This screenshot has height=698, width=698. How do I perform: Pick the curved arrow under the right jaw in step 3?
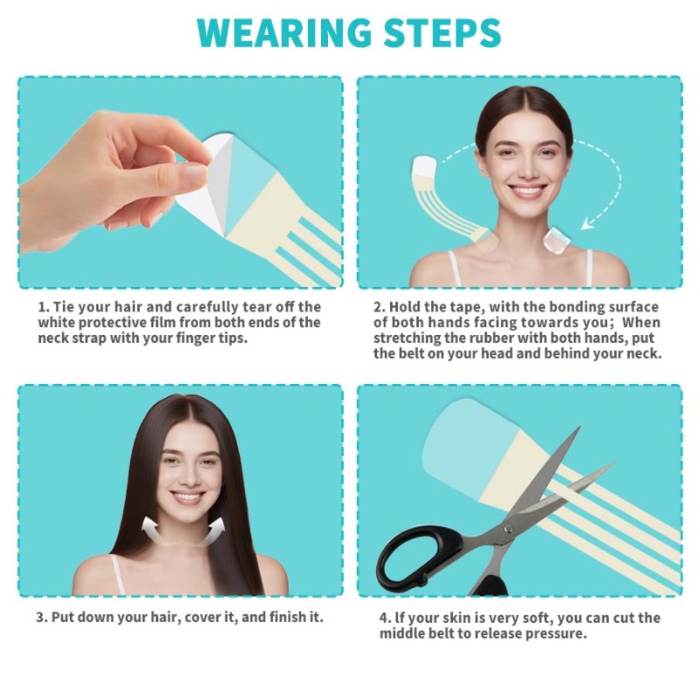pyautogui.click(x=216, y=525)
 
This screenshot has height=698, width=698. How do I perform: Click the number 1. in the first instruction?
pyautogui.click(x=44, y=307)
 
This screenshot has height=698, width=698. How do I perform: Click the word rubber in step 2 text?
pyautogui.click(x=505, y=339)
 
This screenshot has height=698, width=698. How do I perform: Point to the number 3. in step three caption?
pyautogui.click(x=42, y=617)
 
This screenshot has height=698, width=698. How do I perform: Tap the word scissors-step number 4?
pyautogui.click(x=385, y=618)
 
